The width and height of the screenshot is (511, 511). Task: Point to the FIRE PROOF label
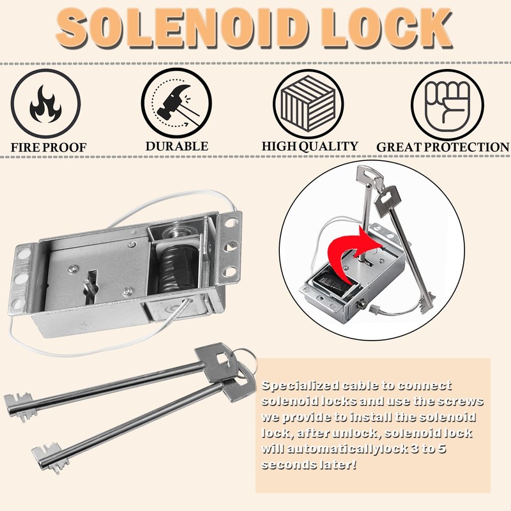point(49,148)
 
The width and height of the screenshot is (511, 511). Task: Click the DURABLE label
point(176,146)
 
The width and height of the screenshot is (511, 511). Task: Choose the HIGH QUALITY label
point(310,146)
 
